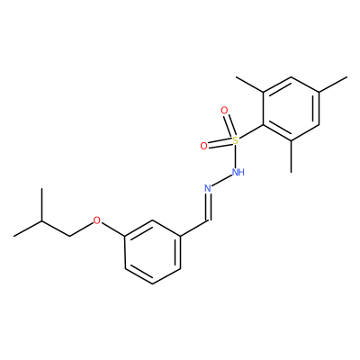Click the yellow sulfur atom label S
(236, 140)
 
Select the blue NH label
(238, 172)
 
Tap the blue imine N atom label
(208, 188)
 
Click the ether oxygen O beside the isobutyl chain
(96, 220)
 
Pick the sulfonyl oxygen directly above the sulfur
(224, 111)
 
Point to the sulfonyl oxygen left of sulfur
(203, 146)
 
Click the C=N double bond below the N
(208, 208)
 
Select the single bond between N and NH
(221, 181)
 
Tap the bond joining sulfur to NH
(236, 157)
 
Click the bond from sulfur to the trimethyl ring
(251, 132)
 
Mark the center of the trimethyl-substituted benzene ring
(292, 109)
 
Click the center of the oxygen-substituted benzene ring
(153, 252)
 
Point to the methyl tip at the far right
(347, 77)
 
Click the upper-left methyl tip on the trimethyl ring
(237, 77)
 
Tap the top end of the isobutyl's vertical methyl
(41, 188)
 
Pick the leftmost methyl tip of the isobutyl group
(14, 236)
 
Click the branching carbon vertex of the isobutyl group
(41, 220)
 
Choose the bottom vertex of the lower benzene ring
(153, 283)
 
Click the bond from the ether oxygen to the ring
(113, 229)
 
